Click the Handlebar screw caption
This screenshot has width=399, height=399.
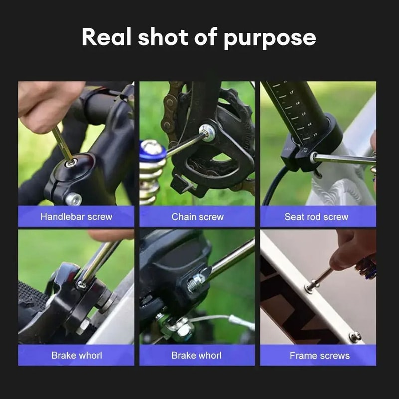click(x=76, y=217)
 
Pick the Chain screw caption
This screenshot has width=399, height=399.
click(x=198, y=217)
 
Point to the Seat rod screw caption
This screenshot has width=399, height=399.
click(x=316, y=217)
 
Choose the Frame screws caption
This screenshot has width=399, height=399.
click(x=319, y=356)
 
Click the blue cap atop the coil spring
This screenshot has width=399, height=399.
click(x=152, y=150)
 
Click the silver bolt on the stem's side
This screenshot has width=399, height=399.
click(x=73, y=199)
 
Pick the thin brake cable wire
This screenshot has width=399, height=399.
click(x=219, y=318)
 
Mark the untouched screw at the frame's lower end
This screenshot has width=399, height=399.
click(x=355, y=337)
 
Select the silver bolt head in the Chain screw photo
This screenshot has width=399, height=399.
click(x=206, y=132)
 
